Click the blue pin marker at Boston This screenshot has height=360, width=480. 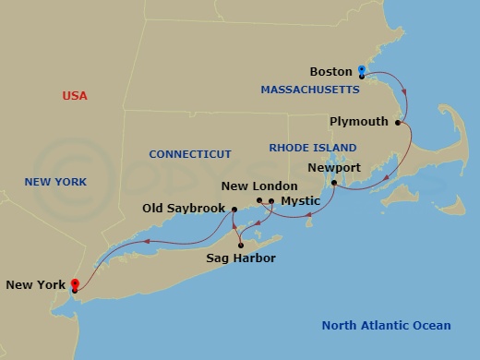[x=362, y=70]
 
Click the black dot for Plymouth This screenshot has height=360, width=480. [x=399, y=122]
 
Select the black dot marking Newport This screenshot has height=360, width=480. [x=334, y=183]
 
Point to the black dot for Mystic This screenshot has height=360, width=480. [x=271, y=200]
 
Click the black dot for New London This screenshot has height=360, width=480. [x=259, y=200]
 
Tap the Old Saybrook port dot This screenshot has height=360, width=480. [x=234, y=210]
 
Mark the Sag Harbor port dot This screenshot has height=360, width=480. [x=240, y=246]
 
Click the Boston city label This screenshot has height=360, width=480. [x=331, y=71]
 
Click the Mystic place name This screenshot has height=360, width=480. [x=301, y=200]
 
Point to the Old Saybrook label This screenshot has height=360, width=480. [x=185, y=210]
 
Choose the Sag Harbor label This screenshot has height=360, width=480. [x=240, y=259]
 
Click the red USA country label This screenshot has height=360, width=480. [x=75, y=96]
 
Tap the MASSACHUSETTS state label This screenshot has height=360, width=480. [x=309, y=90]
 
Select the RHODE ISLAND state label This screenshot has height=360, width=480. [x=306, y=147]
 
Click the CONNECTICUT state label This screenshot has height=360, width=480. [x=190, y=154]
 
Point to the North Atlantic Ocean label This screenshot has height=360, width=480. [x=386, y=325]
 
